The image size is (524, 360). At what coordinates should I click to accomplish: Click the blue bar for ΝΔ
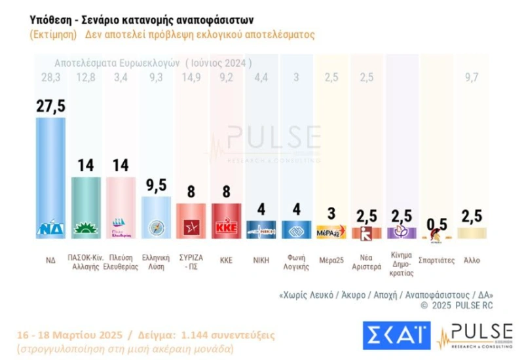point(50,177)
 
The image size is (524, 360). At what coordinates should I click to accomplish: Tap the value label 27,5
point(50,106)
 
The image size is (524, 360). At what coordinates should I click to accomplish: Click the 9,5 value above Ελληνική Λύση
point(156,185)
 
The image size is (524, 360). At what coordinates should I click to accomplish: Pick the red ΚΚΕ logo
point(226,228)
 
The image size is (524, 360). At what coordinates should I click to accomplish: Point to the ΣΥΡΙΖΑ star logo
point(191,228)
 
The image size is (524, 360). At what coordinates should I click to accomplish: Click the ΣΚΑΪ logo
point(396,335)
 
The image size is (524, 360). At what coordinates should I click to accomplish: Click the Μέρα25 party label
point(331,260)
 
